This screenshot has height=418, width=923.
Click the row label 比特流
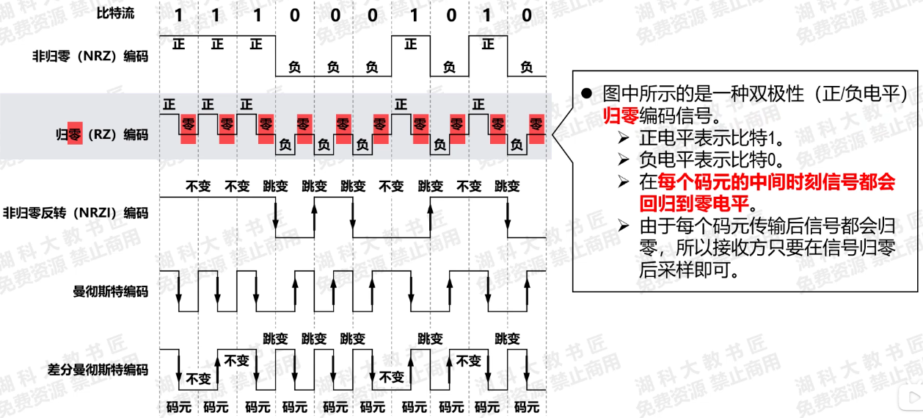115,14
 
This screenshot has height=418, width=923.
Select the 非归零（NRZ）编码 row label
90,56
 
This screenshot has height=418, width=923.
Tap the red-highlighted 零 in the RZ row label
75,134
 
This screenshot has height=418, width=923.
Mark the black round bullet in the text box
586,93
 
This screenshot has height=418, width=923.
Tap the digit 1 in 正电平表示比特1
781,137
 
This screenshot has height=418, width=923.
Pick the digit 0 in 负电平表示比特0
781,159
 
